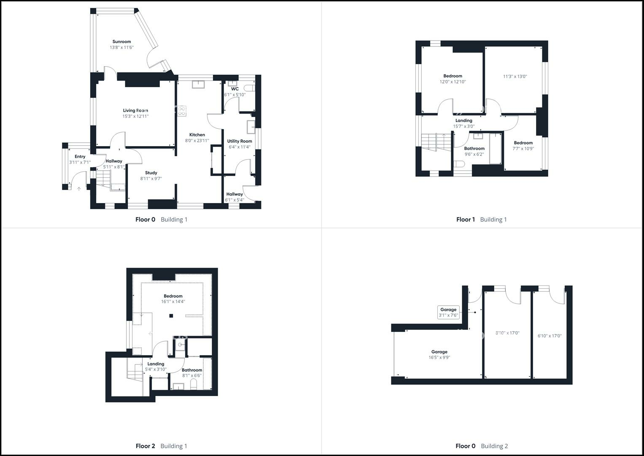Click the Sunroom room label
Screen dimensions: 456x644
coord(121,42)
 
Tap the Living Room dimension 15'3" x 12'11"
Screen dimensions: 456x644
coord(135,116)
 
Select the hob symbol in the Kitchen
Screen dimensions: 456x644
coord(182,111)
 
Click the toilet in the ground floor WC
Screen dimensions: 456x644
coord(251,88)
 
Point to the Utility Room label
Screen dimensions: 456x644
coord(240,141)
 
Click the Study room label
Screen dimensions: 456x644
coord(151,173)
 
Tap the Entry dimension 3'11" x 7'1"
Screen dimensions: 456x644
coord(80,162)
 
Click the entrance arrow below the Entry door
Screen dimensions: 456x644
coord(79,189)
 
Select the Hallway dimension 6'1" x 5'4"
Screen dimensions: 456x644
coord(234,200)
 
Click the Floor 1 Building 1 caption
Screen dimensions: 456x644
coord(481,220)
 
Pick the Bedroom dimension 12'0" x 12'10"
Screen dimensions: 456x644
coord(453,82)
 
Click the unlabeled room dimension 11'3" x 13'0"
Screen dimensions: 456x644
coord(515,76)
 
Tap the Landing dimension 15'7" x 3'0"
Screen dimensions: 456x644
coord(463,126)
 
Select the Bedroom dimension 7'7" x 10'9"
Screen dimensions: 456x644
coord(523,149)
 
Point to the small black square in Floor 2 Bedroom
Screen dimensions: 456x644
coord(171,316)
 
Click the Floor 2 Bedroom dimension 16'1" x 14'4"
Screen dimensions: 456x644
coord(173,302)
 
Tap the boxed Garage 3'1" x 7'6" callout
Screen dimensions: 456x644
coord(448,312)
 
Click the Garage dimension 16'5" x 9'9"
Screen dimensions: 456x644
coord(439,358)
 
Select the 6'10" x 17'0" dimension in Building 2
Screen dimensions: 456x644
coord(550,336)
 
